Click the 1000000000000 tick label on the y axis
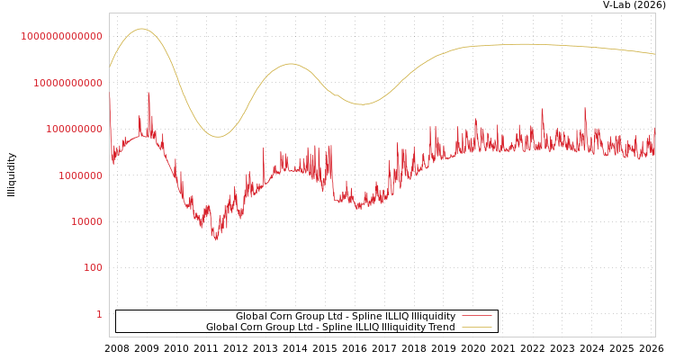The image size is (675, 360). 62,36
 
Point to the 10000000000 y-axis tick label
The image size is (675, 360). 67,83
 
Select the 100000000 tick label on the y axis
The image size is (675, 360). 73,130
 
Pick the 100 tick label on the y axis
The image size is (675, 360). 93,268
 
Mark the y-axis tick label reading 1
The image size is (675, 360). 99,314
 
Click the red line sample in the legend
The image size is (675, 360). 476,316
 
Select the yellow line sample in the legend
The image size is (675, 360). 476,327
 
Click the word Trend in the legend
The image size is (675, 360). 440,327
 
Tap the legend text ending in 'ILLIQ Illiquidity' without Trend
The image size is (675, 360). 346,316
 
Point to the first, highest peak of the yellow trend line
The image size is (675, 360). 140,29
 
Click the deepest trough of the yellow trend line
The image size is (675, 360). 217,137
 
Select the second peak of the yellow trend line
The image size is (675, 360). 290,64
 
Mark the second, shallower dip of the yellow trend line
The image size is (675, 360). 361,104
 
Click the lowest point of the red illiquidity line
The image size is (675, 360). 215,239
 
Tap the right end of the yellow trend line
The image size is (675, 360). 654,54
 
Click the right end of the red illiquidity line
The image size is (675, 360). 654,135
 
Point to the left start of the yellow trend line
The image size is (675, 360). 110,67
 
